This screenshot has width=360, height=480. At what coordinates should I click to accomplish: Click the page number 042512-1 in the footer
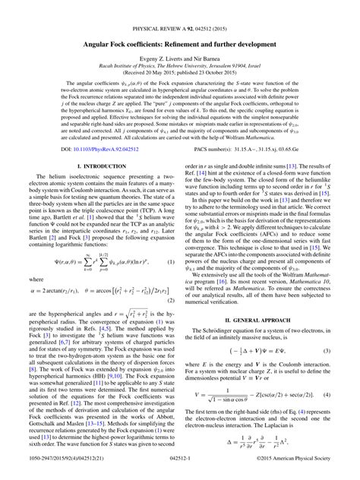pyautogui.click(x=180, y=471)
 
